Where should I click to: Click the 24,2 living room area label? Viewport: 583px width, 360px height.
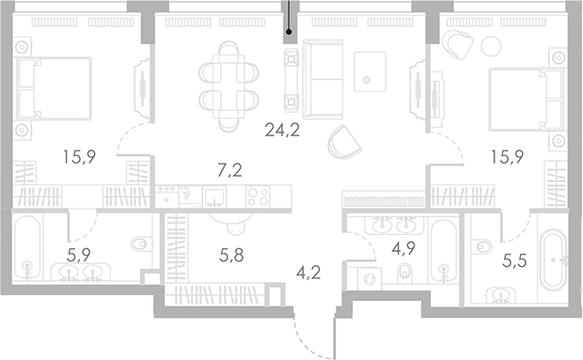point(281,131)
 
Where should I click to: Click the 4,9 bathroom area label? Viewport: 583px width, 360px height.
point(403,250)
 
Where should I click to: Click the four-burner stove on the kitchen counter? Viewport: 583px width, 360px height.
point(259,197)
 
